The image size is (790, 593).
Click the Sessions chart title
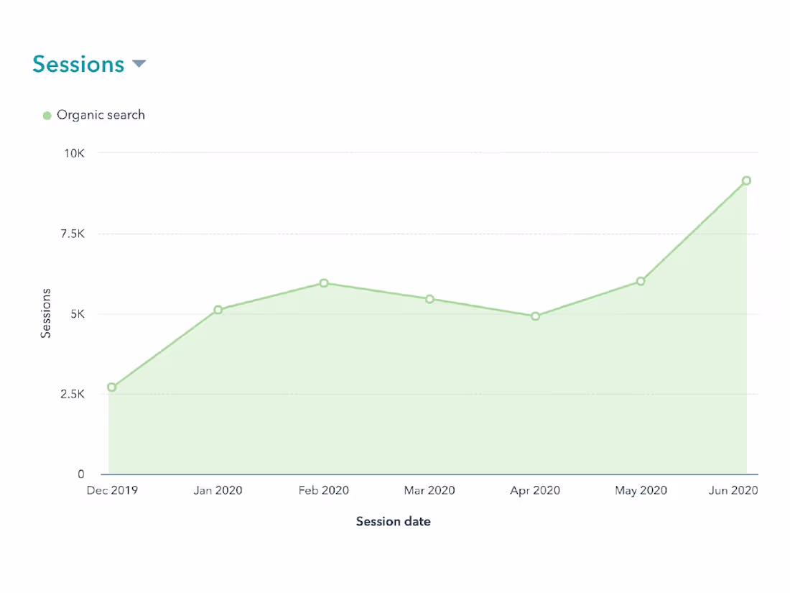tap(78, 64)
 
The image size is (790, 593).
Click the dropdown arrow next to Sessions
tap(139, 64)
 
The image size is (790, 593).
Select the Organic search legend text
tap(101, 115)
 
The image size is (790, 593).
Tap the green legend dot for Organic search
tap(47, 115)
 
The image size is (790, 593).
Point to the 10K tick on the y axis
tap(75, 153)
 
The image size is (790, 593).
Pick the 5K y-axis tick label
tap(77, 314)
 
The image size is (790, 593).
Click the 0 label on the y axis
tap(81, 474)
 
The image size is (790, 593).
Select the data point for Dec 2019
tap(111, 387)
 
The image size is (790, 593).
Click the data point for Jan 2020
tap(218, 310)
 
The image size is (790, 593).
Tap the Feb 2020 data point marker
tap(324, 283)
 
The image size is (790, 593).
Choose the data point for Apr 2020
tap(535, 316)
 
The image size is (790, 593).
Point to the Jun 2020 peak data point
tap(746, 180)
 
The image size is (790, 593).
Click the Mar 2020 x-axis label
tap(429, 491)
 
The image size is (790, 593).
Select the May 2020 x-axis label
tap(641, 491)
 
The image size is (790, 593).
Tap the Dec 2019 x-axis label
tap(112, 491)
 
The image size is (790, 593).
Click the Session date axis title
tap(394, 522)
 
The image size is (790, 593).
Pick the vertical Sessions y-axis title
tap(46, 313)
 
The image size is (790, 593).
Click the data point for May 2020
tap(641, 281)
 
